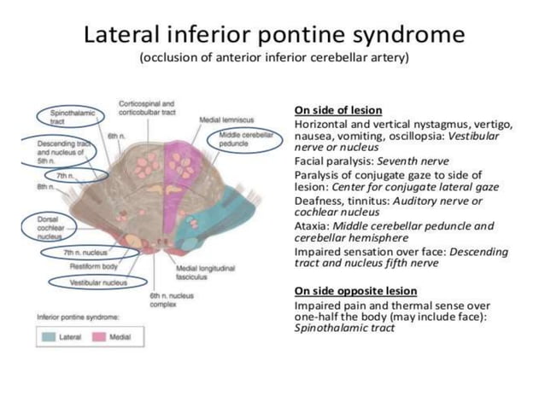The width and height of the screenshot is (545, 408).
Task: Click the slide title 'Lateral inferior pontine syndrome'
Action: (x=272, y=36)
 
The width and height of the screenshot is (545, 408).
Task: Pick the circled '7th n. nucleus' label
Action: (x=86, y=253)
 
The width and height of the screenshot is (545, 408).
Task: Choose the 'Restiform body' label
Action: (x=86, y=266)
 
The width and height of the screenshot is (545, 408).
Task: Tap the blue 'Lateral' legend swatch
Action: (x=52, y=338)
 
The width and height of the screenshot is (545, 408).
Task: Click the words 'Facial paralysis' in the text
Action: (x=325, y=160)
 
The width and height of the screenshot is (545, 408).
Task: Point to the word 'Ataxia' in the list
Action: (x=310, y=226)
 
